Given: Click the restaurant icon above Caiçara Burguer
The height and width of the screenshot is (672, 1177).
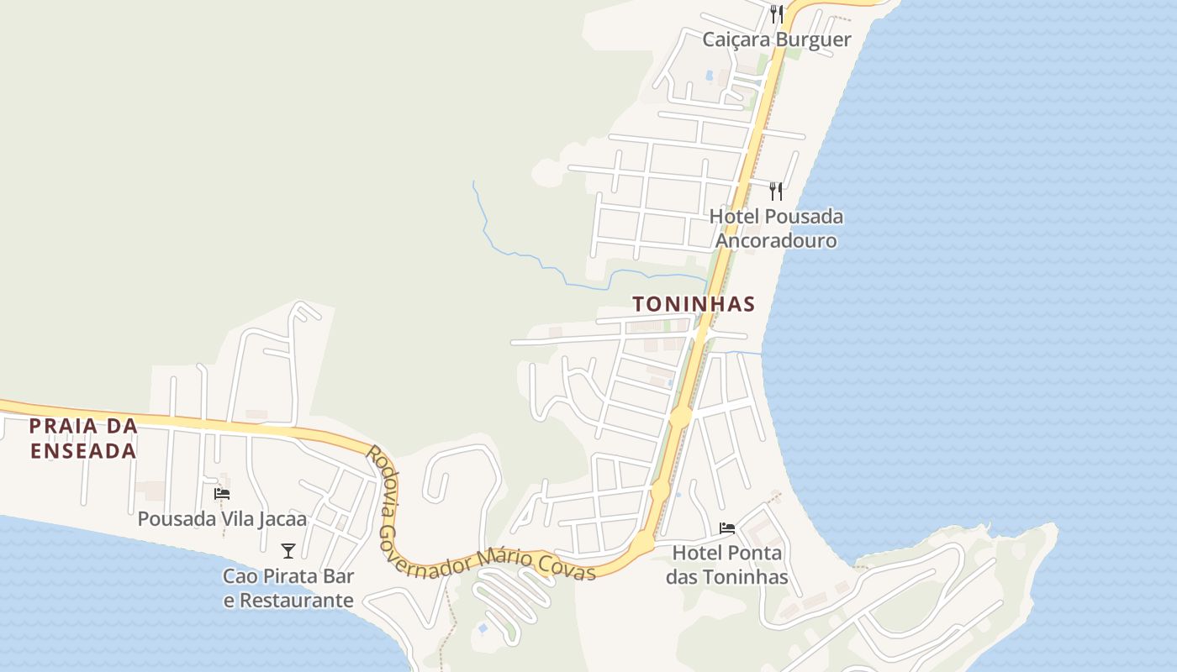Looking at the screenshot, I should pos(777,14).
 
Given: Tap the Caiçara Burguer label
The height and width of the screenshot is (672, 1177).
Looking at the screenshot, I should pos(777,39).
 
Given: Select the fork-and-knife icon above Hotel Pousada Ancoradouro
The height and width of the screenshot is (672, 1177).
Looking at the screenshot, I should pos(776,192).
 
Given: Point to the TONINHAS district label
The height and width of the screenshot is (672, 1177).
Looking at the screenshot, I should pos(694,304).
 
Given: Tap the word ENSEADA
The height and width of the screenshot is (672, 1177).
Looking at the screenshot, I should pos(83,451).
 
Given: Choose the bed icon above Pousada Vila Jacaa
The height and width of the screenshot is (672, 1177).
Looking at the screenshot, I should pos(222,494).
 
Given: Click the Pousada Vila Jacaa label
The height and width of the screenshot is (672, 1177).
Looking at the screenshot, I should pos(222,519).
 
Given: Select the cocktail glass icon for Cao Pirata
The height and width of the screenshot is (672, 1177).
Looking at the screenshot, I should pos(288,551).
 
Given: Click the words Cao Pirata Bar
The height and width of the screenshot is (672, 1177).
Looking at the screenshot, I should pos(288,576).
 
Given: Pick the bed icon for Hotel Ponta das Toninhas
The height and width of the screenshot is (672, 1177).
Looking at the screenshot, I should pos(727,528).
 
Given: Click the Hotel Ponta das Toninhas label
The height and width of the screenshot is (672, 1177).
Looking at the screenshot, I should pos(727,564).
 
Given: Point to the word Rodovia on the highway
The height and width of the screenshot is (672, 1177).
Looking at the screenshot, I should pos(383,475).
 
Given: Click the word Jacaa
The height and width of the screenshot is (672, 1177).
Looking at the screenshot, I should pos(282,519).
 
